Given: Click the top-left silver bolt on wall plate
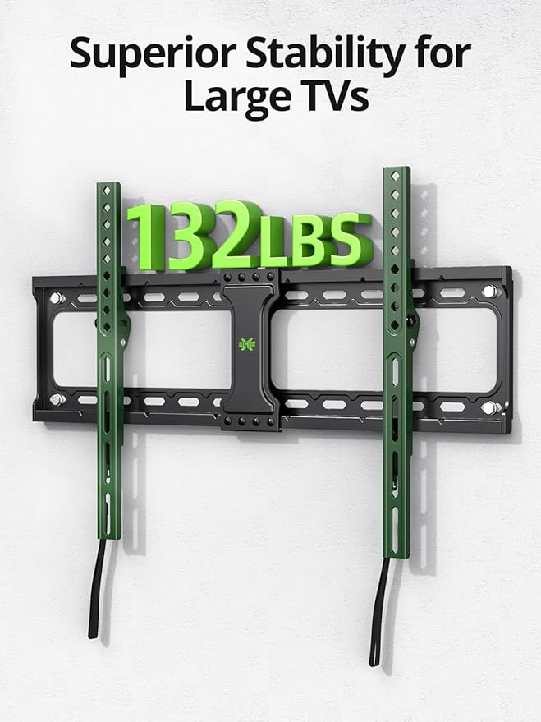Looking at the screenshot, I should [56, 298].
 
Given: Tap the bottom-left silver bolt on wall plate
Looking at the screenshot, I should [57, 399].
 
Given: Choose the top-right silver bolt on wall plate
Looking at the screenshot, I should [489, 292].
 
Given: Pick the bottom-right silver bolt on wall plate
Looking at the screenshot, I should [489, 407].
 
